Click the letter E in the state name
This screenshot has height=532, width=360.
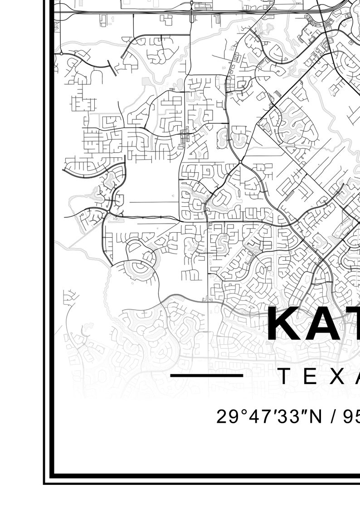(311, 376)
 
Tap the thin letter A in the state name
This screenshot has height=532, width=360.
(356, 376)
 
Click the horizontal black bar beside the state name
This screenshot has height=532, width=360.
(207, 376)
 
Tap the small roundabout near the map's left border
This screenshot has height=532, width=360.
(61, 54)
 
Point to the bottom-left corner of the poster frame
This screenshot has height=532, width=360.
(44, 483)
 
